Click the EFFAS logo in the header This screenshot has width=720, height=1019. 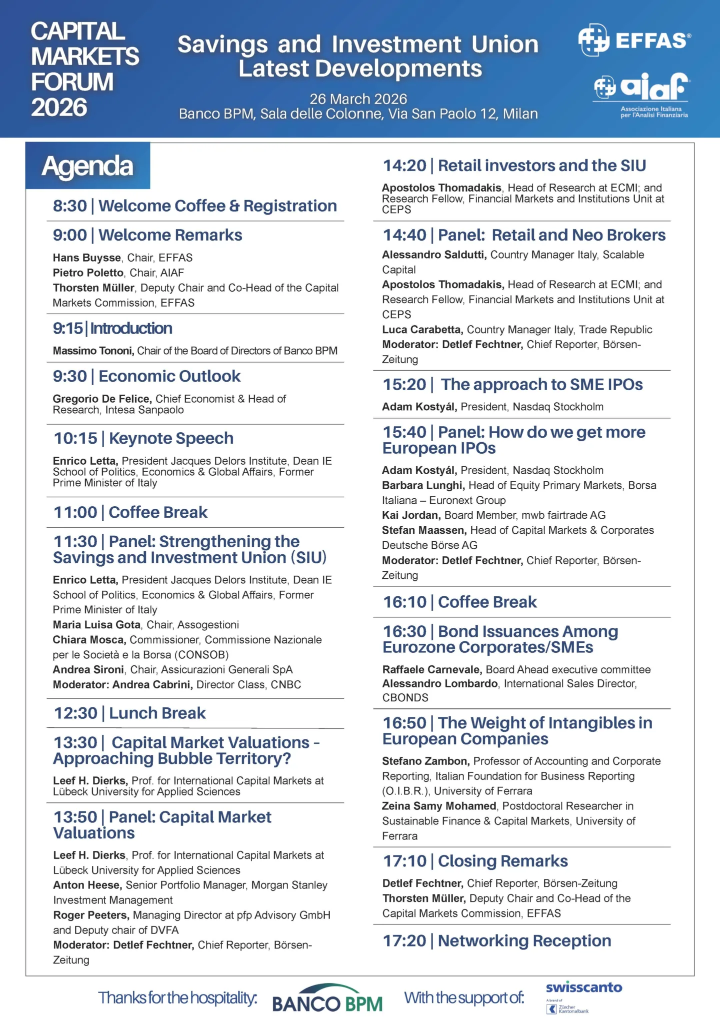tap(634, 40)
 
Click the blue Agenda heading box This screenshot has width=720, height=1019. tap(87, 166)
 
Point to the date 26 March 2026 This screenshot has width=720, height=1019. tap(358, 99)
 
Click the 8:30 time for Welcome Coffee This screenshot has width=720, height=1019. tap(70, 206)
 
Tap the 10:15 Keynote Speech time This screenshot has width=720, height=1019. tap(75, 439)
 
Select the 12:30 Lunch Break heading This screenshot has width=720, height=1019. tap(130, 713)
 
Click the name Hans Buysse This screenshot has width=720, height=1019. tap(87, 258)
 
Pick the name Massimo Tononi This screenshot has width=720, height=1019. tap(93, 351)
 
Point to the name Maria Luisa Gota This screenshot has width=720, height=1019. tap(96, 625)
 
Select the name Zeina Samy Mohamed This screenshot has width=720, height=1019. tap(439, 806)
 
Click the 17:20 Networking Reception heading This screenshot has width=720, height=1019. tap(497, 941)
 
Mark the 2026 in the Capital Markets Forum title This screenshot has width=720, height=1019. tap(59, 108)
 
